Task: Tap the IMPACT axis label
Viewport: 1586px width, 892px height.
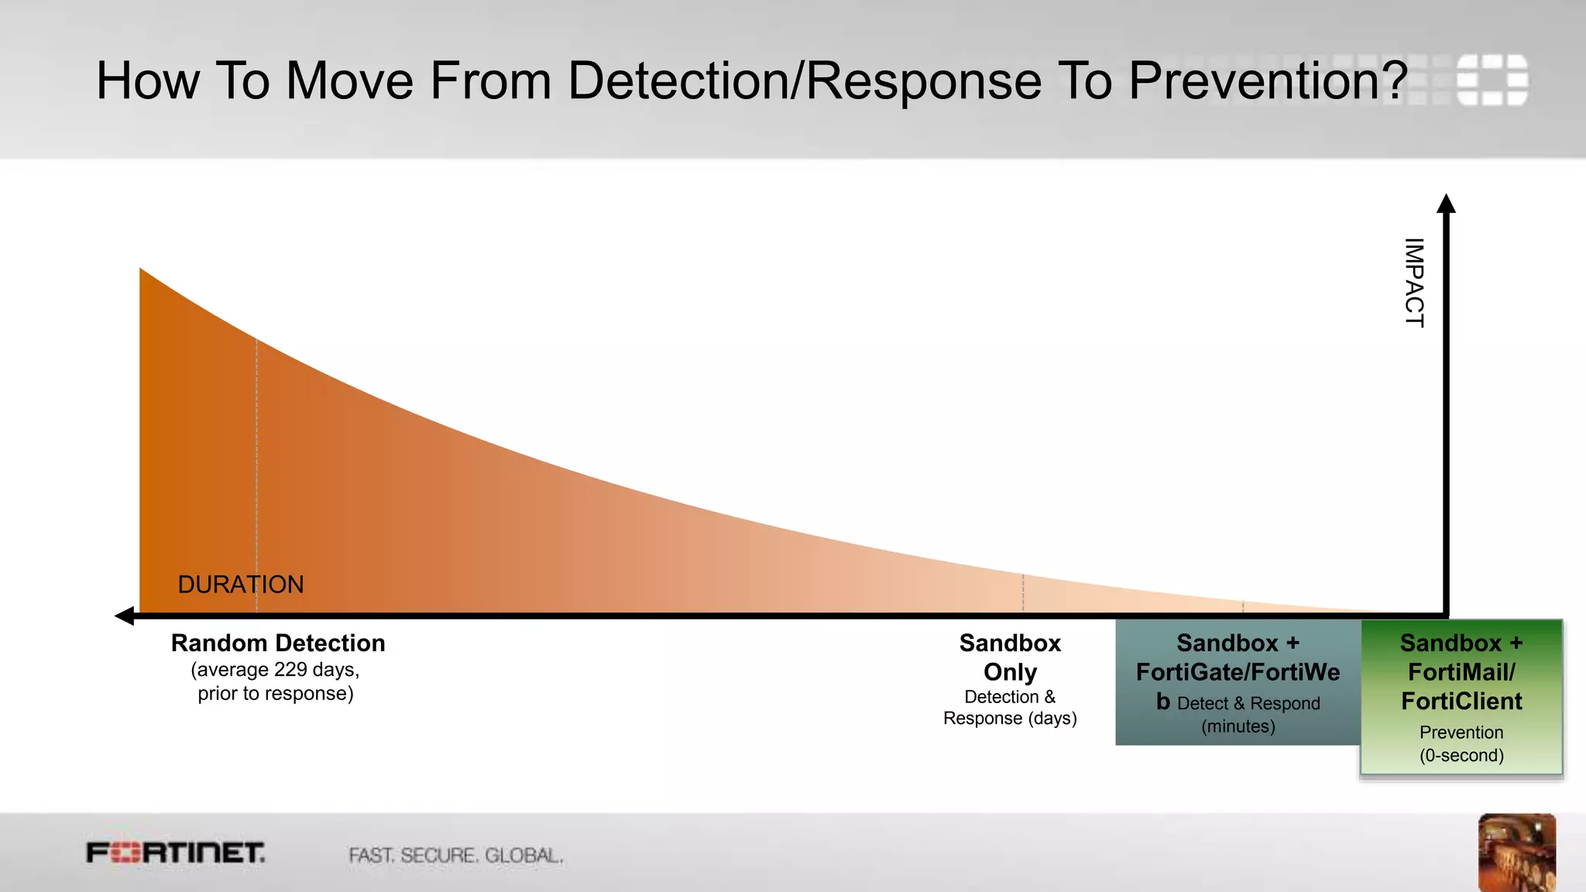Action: [x=1414, y=283]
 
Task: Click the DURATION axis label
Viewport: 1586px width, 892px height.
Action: [x=241, y=585]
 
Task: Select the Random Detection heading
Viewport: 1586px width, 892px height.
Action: [x=278, y=643]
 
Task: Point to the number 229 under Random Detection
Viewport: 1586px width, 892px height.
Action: [x=290, y=670]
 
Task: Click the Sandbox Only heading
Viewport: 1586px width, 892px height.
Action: [x=1010, y=657]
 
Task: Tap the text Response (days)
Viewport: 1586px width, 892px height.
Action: [x=1010, y=719]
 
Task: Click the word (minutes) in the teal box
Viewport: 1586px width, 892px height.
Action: [x=1238, y=726]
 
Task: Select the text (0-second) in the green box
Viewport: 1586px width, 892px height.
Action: [x=1461, y=756]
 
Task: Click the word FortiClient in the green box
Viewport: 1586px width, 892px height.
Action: [x=1461, y=702]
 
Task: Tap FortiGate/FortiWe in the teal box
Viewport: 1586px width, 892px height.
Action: [x=1238, y=672]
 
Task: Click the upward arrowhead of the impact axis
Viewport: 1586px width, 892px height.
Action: [x=1446, y=204]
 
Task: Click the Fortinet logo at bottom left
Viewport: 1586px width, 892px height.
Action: [x=176, y=853]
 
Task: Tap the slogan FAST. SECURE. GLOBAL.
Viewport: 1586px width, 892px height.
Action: [x=455, y=856]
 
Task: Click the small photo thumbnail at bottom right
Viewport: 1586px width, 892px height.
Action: [x=1516, y=852]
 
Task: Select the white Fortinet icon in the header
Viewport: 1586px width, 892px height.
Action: [x=1492, y=79]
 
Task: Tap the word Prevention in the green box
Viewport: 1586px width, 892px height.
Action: [x=1461, y=732]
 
